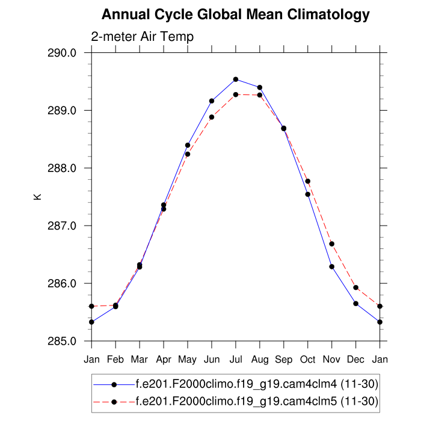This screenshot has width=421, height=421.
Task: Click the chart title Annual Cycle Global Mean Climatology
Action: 236,14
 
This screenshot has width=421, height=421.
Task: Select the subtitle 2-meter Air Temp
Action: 142,37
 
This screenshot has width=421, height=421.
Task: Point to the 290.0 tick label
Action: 62,53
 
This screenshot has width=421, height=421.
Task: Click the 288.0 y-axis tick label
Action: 62,168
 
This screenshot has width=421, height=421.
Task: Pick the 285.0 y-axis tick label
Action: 62,341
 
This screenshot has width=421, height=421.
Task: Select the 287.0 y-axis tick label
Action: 62,226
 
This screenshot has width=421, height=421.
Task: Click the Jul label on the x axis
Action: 236,360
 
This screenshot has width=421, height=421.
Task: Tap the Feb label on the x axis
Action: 115,360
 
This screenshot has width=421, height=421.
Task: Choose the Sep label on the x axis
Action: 284,360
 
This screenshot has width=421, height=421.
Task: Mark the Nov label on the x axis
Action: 332,360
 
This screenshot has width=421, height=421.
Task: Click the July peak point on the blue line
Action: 236,79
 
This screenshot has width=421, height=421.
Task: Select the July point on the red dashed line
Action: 236,94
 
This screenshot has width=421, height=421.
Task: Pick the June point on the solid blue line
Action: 212,101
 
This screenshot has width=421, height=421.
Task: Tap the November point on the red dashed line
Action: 332,244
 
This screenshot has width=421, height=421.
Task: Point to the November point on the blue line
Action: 332,266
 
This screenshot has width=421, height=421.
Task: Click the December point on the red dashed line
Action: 356,287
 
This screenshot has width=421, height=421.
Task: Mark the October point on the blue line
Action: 308,194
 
